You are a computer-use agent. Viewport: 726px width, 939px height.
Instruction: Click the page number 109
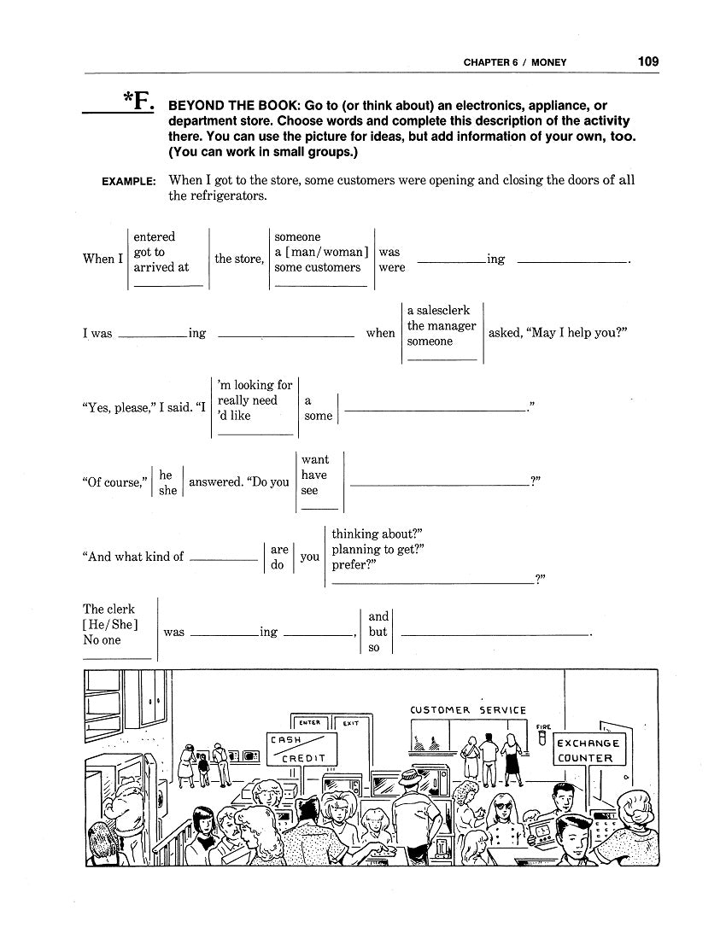(647, 61)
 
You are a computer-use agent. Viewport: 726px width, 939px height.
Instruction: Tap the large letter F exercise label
(138, 103)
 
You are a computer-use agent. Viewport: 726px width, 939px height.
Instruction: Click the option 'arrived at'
(161, 267)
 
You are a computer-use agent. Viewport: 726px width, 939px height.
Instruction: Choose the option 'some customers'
(317, 267)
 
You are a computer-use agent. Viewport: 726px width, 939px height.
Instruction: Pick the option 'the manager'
(442, 326)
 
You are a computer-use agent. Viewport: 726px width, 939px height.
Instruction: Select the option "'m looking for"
(255, 385)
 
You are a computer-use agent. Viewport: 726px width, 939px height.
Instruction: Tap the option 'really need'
(248, 400)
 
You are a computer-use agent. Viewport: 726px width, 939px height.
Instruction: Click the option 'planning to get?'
(378, 550)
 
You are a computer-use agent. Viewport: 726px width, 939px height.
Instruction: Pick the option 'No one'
(102, 640)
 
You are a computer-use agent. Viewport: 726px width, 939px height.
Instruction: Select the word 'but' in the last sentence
(378, 632)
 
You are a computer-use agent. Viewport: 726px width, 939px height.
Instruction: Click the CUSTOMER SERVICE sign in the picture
(468, 710)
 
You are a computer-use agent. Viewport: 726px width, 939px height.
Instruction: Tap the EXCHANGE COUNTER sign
(590, 750)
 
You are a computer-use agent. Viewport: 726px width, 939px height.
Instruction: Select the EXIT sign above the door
(350, 723)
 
